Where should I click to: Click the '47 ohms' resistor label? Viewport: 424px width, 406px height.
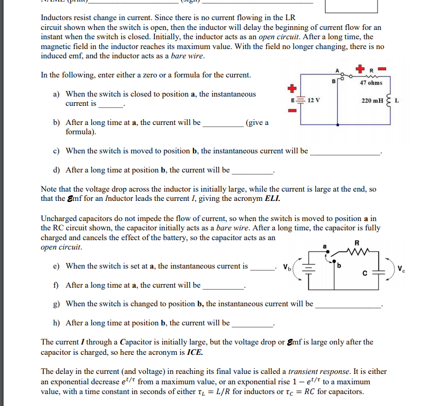[372, 83]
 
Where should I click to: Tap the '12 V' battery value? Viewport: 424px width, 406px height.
[314, 100]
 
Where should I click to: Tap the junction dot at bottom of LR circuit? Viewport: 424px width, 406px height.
[338, 124]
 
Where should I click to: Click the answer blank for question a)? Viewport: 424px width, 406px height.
[110, 104]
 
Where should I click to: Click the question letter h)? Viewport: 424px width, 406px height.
[58, 323]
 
